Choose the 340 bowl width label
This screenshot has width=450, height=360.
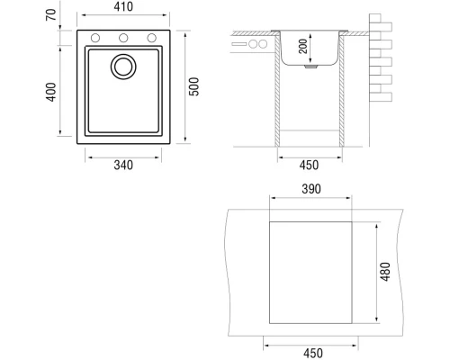(123, 165)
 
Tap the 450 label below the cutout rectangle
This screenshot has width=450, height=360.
(310, 353)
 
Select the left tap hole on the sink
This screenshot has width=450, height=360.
(95, 38)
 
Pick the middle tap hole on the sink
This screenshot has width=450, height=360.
(123, 38)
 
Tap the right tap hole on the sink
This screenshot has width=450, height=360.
(151, 38)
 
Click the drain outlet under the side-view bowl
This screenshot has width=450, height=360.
(310, 66)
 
